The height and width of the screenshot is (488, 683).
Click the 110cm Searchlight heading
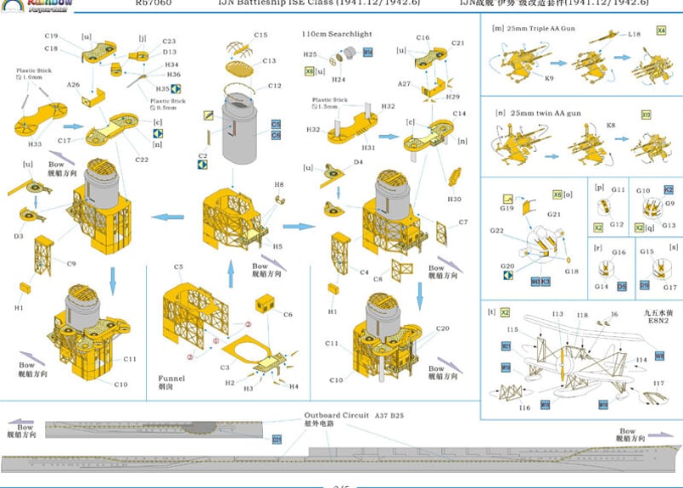click(x=337, y=34)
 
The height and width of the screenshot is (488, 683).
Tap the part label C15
click(x=260, y=35)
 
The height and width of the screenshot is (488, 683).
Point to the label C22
click(x=142, y=160)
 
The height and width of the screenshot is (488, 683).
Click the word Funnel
click(x=171, y=378)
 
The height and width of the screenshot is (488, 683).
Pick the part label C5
click(x=179, y=267)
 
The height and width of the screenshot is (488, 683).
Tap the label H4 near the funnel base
click(x=294, y=387)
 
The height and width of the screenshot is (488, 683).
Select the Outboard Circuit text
click(x=337, y=415)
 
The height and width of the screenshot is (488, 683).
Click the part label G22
click(x=496, y=230)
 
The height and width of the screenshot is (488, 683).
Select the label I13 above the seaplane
click(x=557, y=314)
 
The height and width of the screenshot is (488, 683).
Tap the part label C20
click(x=443, y=329)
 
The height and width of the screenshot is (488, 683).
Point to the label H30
click(x=455, y=199)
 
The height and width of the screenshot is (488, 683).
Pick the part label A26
click(x=74, y=85)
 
